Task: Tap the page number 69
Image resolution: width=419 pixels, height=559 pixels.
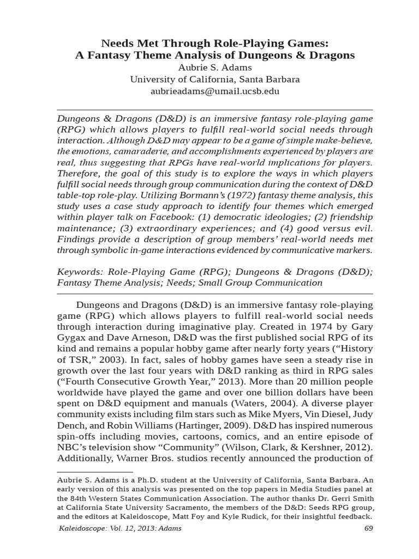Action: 368,528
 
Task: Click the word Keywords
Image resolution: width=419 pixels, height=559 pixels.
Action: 80,271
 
